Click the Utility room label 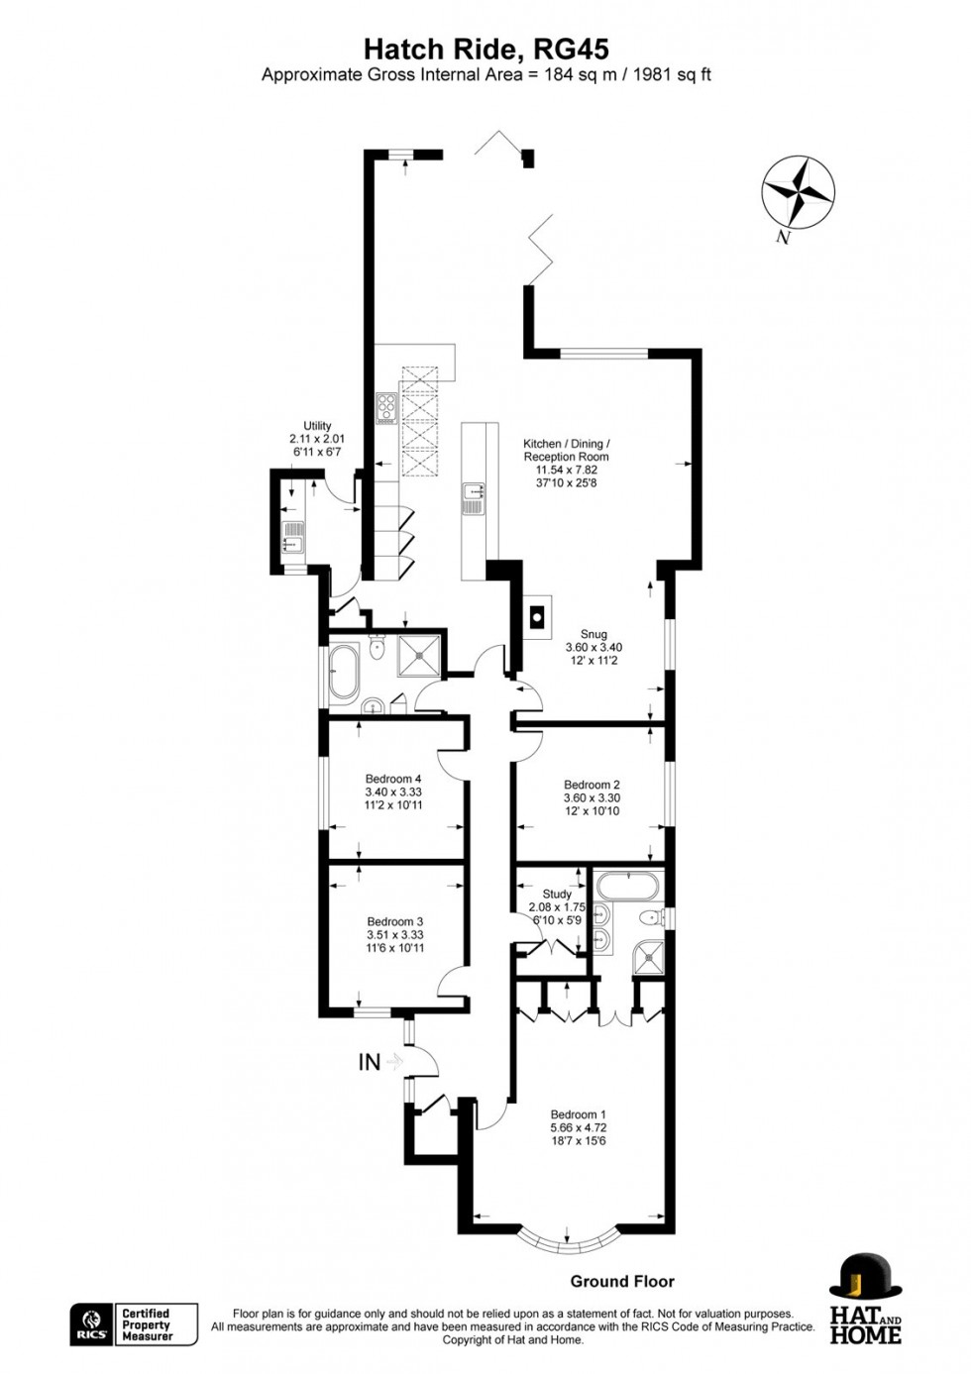(x=317, y=426)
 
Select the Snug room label (x=593, y=634)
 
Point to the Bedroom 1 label (x=578, y=1114)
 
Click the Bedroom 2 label (x=592, y=785)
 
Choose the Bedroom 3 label (x=394, y=921)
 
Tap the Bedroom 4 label (x=393, y=779)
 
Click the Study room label (x=557, y=894)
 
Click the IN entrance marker (x=370, y=1062)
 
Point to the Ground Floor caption (x=622, y=1281)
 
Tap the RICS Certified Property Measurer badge (x=135, y=1324)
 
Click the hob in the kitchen (x=385, y=407)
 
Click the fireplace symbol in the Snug (x=536, y=617)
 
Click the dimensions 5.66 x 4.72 (x=578, y=1127)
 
